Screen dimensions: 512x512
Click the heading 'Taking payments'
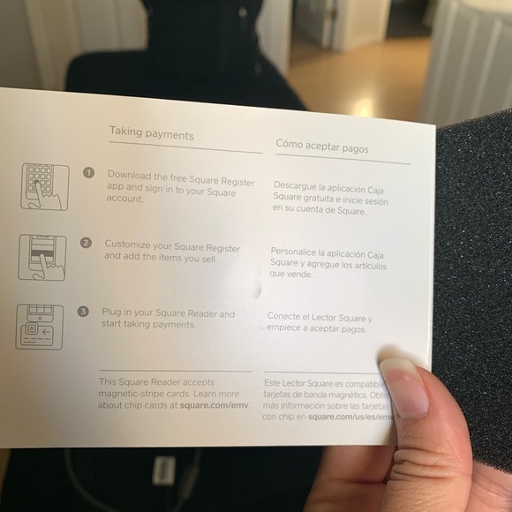(x=151, y=132)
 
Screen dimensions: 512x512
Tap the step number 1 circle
(x=88, y=173)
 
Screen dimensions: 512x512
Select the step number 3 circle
(x=82, y=312)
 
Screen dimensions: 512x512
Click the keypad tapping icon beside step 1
(x=44, y=185)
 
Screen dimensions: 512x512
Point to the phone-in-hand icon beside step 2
(x=41, y=256)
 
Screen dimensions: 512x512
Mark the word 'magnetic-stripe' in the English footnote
(x=137, y=394)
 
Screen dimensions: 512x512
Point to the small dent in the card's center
(x=257, y=287)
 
